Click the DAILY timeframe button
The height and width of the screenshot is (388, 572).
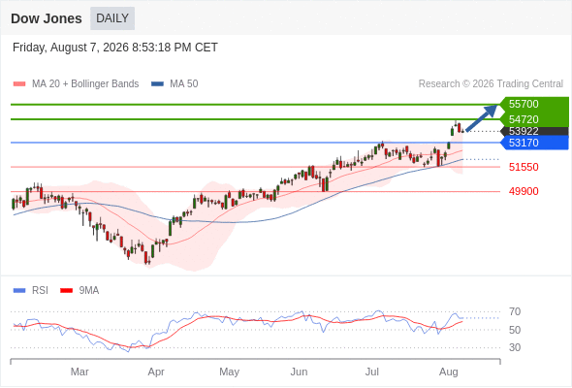[x=112, y=18]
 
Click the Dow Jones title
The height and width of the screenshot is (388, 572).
[x=47, y=18]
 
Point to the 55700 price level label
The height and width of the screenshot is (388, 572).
[x=524, y=104]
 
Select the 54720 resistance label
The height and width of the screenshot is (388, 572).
[x=524, y=119]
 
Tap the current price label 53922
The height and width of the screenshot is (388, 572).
[x=524, y=131]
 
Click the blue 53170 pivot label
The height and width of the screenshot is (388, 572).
[x=524, y=143]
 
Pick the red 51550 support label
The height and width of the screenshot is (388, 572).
[x=524, y=167]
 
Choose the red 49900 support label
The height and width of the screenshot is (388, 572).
[x=524, y=191]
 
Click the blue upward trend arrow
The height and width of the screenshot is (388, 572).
[x=482, y=118]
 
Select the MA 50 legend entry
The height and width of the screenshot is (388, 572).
[x=175, y=84]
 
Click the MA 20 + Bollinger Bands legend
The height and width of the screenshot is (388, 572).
[x=76, y=84]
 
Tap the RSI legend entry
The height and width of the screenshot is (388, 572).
[x=31, y=291]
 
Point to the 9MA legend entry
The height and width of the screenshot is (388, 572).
[x=79, y=291]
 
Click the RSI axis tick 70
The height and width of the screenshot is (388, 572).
[x=515, y=311]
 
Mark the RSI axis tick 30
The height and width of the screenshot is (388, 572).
[x=515, y=347]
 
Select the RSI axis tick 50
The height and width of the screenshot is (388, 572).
[x=515, y=330]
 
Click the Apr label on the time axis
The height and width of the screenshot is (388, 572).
[x=156, y=372]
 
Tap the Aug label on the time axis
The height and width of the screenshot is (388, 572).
[x=448, y=372]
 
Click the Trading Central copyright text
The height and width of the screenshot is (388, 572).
[x=491, y=84]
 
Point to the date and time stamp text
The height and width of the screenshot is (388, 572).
[x=115, y=48]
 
